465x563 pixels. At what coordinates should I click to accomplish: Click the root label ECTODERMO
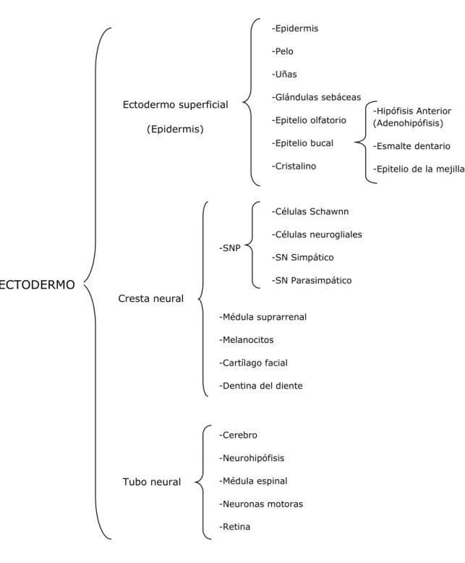pos(37,284)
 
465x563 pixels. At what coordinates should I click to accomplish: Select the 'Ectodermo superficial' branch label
pos(176,105)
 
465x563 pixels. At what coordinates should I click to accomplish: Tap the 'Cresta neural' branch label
pos(150,298)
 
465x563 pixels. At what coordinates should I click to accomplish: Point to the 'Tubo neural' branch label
pos(152,482)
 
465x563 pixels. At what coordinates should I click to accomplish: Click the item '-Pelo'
pos(282,51)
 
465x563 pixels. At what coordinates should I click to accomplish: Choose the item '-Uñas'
pos(284,75)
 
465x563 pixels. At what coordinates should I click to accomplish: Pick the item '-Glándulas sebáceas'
pos(316,97)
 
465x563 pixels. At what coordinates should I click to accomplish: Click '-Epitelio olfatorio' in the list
pos(309,120)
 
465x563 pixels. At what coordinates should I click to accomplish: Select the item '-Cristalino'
pos(294,166)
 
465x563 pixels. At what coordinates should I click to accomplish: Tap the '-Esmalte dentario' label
pos(411,146)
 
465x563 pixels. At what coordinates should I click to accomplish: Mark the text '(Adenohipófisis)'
pos(408,123)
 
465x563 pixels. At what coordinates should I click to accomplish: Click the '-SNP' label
pos(230,248)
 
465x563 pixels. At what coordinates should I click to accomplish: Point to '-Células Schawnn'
pos(310,211)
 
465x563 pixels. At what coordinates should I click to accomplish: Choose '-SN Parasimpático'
pos(312,281)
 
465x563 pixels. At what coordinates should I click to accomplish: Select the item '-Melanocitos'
pos(246,340)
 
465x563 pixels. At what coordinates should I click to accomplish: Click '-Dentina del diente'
pos(261,386)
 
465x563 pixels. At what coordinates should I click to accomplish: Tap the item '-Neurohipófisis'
pos(252,458)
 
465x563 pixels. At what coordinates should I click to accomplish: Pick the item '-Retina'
pos(234,527)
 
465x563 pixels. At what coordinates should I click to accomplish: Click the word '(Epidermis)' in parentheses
pos(175,130)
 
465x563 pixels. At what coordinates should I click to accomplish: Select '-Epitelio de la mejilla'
pos(419,169)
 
